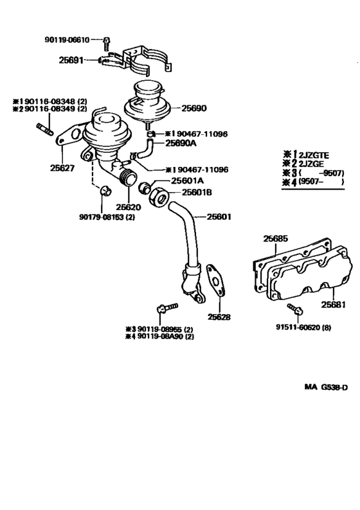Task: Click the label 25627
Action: click(62, 170)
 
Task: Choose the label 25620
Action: click(129, 208)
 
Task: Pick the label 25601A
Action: click(188, 181)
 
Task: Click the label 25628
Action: click(219, 317)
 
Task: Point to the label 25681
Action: click(335, 304)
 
